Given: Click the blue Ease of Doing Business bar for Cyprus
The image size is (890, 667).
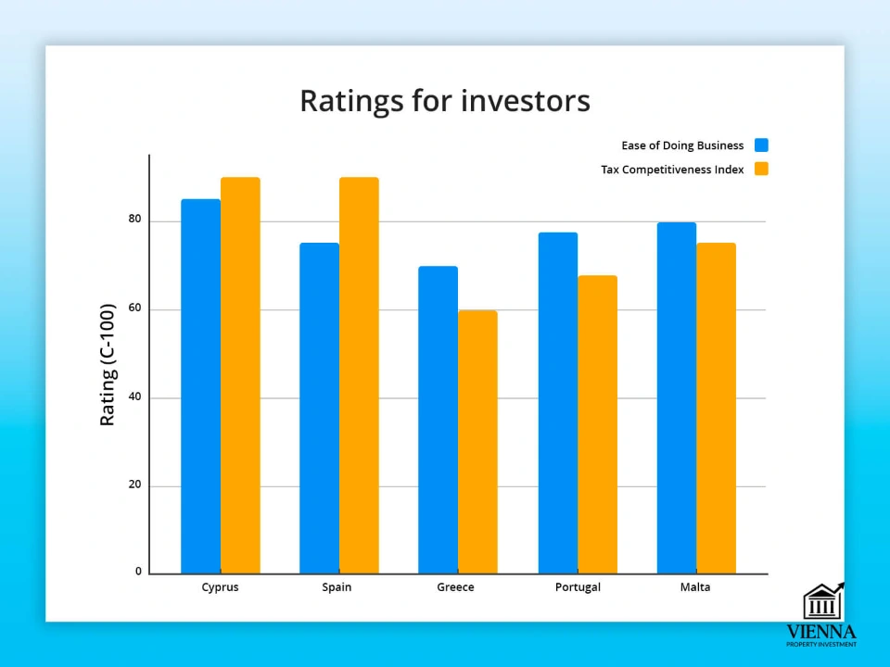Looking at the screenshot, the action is coord(201,386).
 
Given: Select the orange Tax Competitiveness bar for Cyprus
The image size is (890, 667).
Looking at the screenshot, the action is coord(241,375).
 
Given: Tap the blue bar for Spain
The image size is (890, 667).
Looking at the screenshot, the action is coord(320,409).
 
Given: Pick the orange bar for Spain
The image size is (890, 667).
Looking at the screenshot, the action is coord(360,375).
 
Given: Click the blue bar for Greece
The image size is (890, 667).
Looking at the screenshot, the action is coord(439,420).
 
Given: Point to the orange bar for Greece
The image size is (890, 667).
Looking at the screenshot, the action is coord(478,442).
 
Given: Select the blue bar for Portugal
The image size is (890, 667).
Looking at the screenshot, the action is coord(558,403).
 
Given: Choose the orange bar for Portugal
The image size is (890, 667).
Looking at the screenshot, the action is coord(598,425).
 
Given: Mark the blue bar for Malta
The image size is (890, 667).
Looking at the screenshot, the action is coord(677,398).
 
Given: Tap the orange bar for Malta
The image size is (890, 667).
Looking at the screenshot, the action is coord(717,409).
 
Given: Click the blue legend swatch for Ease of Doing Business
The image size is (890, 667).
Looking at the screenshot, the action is coord(761,145).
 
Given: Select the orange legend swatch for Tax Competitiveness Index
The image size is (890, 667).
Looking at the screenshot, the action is coord(761,169).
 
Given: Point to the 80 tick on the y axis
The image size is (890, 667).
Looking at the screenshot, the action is coord(134,219).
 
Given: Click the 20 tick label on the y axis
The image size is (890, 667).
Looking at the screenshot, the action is coord(134,485).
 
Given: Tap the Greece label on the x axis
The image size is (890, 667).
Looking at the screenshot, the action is coord(455,587).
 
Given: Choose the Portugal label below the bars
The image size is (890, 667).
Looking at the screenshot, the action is coord(578,587).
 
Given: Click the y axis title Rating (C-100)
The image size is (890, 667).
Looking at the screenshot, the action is coord(108,365).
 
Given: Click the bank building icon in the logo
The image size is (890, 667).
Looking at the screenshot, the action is coord(823,601).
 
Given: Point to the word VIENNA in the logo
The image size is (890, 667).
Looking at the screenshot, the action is coord(820,632).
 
